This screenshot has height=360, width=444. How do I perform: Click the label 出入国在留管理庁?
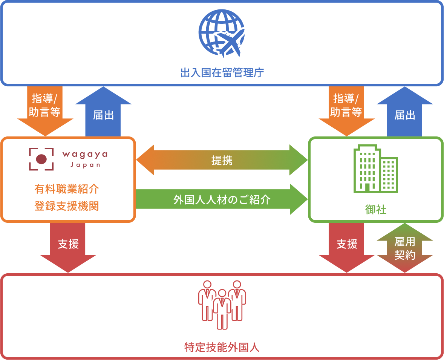tap(222, 73)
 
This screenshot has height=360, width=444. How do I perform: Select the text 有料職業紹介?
tap(67, 188)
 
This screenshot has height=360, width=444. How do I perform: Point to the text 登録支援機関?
tap(67, 206)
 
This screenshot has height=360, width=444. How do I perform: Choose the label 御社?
tap(376, 210)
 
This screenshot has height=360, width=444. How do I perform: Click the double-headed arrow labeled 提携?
tap(222, 160)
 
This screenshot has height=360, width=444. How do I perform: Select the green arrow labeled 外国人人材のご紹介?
tap(222, 199)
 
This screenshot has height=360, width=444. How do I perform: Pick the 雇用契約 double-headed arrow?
tap(405, 248)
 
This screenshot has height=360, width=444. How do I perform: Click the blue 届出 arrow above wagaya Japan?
tap(103, 113)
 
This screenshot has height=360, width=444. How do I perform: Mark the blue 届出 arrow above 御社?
tap(405, 113)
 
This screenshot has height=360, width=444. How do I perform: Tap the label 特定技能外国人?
tap(222, 347)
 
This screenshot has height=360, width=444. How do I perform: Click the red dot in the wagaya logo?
tap(41, 159)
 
